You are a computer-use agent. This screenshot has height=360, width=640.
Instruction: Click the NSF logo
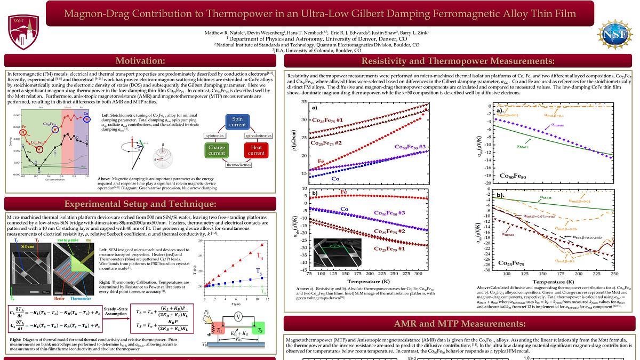click(x=614, y=34)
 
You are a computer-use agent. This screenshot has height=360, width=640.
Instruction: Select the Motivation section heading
click(x=140, y=61)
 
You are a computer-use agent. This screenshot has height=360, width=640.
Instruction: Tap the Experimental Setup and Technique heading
click(x=140, y=204)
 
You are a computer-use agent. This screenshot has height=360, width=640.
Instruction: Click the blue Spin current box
click(x=237, y=122)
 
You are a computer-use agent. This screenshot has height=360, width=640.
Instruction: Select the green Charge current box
click(x=216, y=150)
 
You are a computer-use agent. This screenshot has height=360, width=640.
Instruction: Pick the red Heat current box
click(x=256, y=150)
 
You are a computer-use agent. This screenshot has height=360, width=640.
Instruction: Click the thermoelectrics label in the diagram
click(x=238, y=165)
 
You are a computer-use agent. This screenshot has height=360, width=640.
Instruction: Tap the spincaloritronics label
click(x=259, y=136)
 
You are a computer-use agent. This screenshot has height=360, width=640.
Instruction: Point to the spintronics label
click(x=215, y=136)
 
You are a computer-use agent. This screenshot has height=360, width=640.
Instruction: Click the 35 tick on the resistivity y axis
click(x=303, y=101)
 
